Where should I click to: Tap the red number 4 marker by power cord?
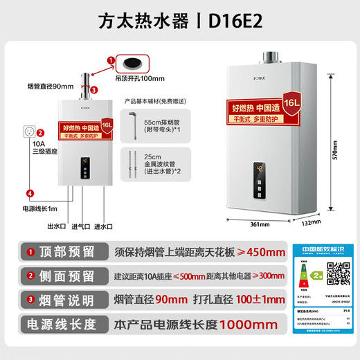tap(29, 193)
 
